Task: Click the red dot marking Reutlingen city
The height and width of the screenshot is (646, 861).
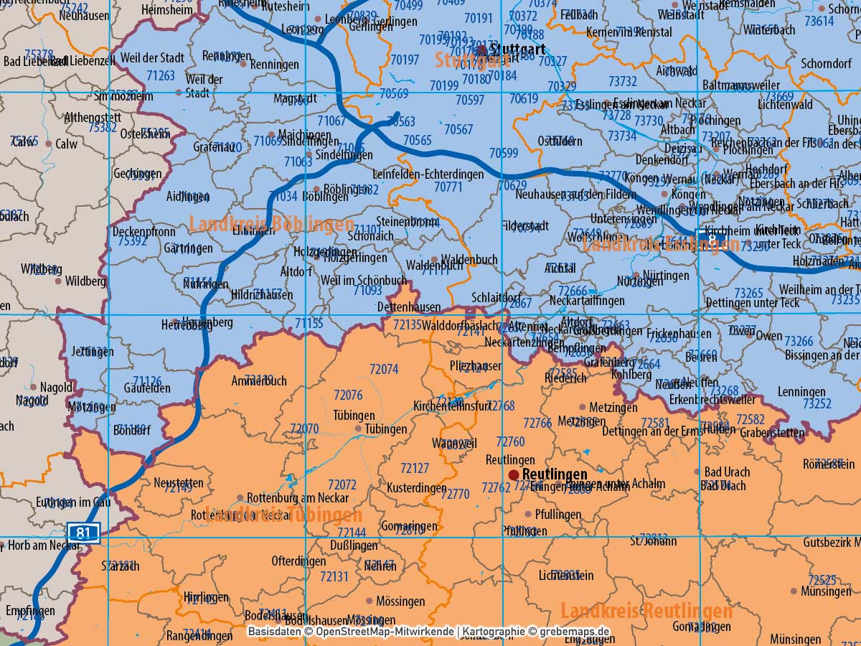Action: coord(514,475)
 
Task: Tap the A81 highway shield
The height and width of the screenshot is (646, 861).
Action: coord(84,532)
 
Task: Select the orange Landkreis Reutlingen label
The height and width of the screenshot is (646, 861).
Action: coord(646,611)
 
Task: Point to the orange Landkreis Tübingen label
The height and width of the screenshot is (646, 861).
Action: coord(283,515)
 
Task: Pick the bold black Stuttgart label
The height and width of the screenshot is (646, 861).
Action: coord(519,50)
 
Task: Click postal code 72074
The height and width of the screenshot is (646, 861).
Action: coord(384,369)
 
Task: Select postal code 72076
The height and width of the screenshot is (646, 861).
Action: coord(348,395)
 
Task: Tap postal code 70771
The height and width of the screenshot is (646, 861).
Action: coord(448,186)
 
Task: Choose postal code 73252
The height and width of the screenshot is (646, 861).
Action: coord(817,404)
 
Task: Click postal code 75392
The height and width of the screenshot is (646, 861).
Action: coord(132,241)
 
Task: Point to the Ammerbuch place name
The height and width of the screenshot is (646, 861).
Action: coord(259,381)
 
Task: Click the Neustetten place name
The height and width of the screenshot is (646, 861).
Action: coord(179,482)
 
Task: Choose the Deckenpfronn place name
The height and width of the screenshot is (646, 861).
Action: coord(143,231)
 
